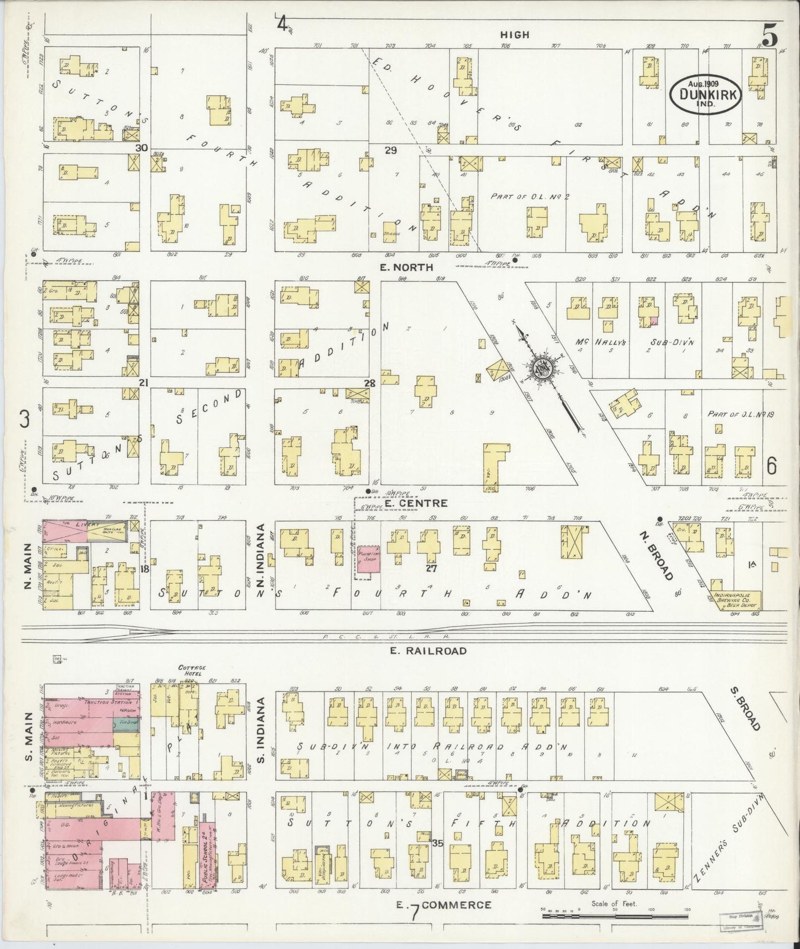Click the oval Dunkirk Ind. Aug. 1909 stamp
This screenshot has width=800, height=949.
coord(704,94)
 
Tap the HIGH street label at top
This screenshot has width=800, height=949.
coord(514,34)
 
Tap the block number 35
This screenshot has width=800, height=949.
coord(437,843)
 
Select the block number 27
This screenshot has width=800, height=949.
coord(432,568)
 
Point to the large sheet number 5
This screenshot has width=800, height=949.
coord(770,37)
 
